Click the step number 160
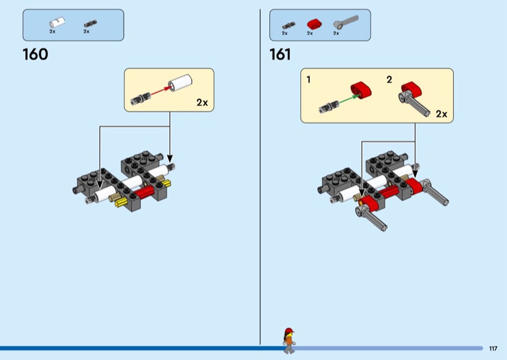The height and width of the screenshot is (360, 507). click(x=35, y=55)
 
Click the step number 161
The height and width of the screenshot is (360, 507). click(x=280, y=55)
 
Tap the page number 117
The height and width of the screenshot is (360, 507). click(x=493, y=348)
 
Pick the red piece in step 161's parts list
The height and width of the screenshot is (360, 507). click(x=311, y=24)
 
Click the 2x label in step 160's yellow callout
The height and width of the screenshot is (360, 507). click(x=202, y=102)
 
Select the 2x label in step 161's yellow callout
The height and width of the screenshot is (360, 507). click(x=441, y=114)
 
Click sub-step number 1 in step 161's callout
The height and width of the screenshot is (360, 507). click(x=309, y=80)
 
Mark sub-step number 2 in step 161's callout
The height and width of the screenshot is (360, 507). click(x=389, y=80)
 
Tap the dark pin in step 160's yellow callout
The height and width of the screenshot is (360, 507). click(x=139, y=98)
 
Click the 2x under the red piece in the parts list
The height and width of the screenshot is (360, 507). click(x=310, y=33)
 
